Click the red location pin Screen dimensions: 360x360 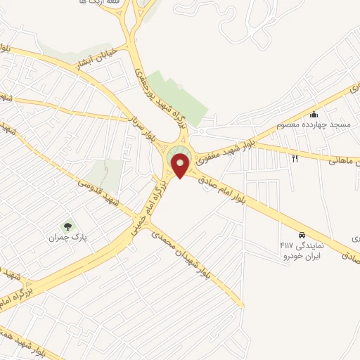[181, 165]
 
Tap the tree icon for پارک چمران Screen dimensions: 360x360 [68, 226]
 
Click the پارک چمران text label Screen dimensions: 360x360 [72, 238]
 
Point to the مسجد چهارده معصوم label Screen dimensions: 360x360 [323, 125]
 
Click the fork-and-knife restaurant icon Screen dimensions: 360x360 [295, 159]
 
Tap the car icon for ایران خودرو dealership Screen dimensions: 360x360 [302, 235]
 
